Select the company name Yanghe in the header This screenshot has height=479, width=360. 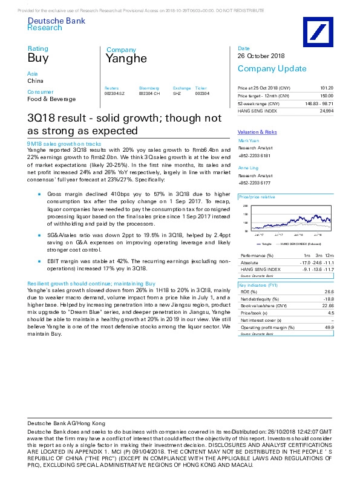click(126, 59)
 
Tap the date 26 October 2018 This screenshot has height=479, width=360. click(261, 56)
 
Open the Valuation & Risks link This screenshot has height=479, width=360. click(257, 132)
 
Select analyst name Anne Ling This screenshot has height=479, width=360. click(247, 168)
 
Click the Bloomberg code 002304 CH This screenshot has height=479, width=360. click(149, 93)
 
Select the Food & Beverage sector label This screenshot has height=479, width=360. click(51, 99)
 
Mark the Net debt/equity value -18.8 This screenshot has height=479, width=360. click(329, 298)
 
